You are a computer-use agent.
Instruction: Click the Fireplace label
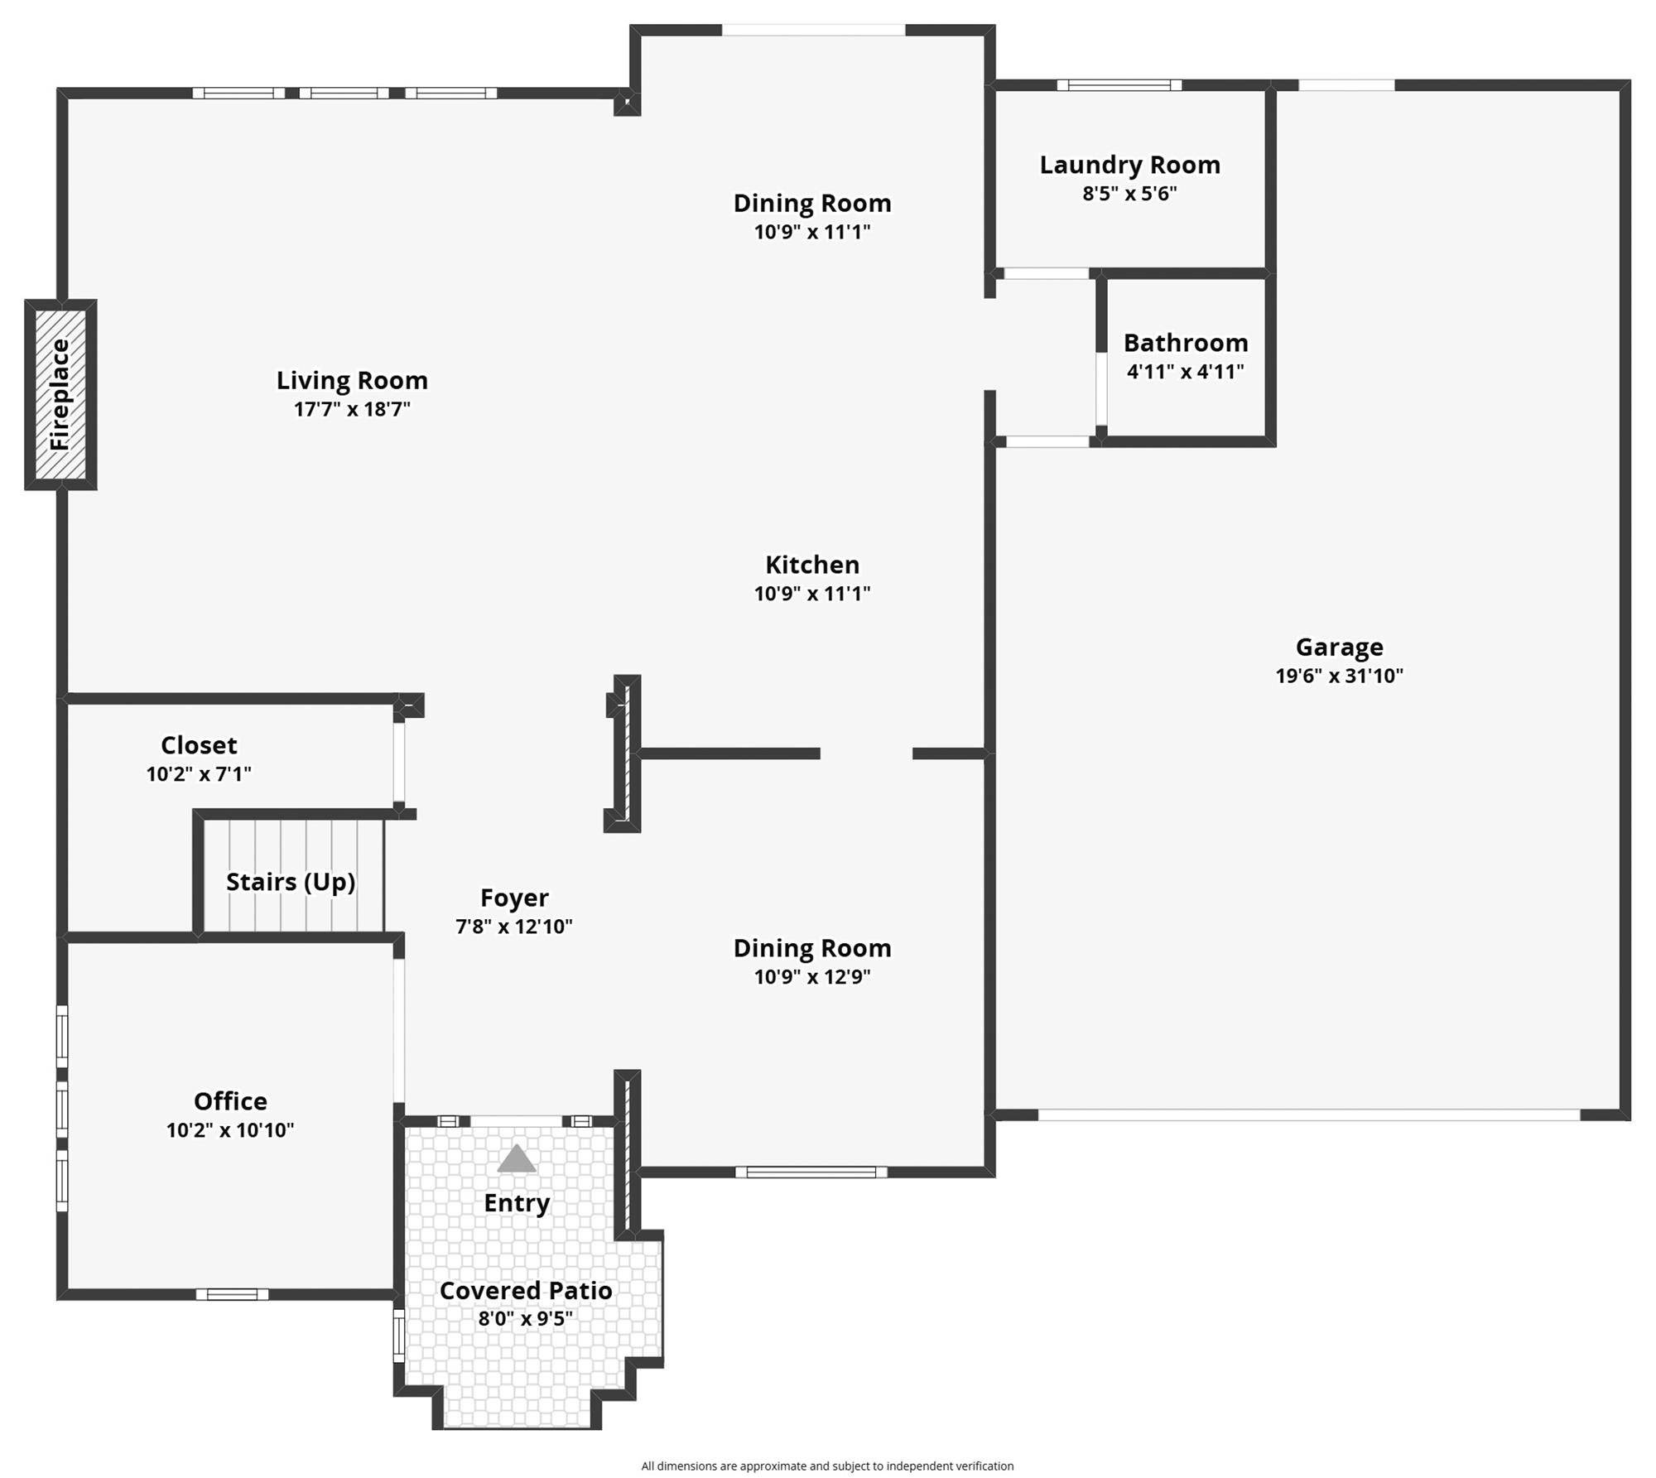coord(60,394)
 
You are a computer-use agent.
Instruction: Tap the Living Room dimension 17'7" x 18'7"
coord(352,409)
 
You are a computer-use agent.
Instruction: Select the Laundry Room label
coord(1130,166)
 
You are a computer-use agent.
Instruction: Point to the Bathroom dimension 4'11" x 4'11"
coord(1186,371)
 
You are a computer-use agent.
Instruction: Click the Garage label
coord(1340,647)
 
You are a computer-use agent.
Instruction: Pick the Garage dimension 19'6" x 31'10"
coord(1340,676)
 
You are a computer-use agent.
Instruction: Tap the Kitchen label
coord(812,565)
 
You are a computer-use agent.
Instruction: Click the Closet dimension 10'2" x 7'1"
coord(199,774)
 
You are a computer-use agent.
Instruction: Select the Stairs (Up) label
coord(291,883)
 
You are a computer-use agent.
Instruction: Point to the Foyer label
coord(514,898)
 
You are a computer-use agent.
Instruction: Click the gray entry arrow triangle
coord(517,1159)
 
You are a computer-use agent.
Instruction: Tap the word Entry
coord(517,1203)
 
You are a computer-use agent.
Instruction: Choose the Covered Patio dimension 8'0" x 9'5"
coord(526,1318)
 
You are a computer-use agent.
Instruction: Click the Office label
coord(230,1101)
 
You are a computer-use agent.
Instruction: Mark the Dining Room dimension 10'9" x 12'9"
coord(812,977)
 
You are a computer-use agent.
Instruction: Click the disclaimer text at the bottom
coord(827,1466)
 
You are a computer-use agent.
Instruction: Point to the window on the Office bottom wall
coord(233,1294)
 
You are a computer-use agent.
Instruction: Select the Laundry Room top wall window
coord(1119,84)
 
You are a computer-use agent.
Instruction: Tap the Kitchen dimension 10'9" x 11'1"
coord(812,594)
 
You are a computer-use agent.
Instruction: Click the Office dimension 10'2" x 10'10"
coord(230,1130)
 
